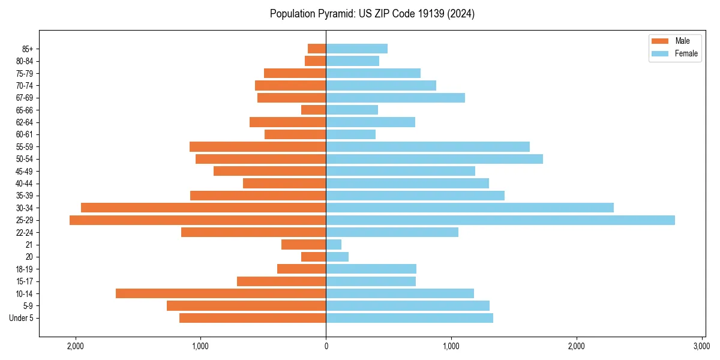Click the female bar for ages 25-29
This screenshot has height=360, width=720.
point(500,220)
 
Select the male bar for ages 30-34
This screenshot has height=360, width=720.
point(203,208)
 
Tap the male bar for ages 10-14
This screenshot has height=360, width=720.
point(221,293)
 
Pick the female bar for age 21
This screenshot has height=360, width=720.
point(334,245)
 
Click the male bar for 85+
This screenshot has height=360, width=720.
point(317,49)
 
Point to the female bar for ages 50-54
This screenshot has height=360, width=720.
point(434,159)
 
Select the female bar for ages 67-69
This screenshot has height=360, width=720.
point(395,98)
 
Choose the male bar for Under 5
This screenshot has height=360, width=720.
point(253,318)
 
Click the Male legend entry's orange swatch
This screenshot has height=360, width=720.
point(659,41)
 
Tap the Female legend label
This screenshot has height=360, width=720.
point(686,53)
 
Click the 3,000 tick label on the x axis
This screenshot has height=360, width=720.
point(701,346)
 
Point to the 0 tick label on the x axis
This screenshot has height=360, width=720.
point(326,346)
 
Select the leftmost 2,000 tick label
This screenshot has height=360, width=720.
point(75,346)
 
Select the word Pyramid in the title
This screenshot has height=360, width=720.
point(336,14)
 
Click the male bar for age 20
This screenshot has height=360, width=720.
point(313,257)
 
